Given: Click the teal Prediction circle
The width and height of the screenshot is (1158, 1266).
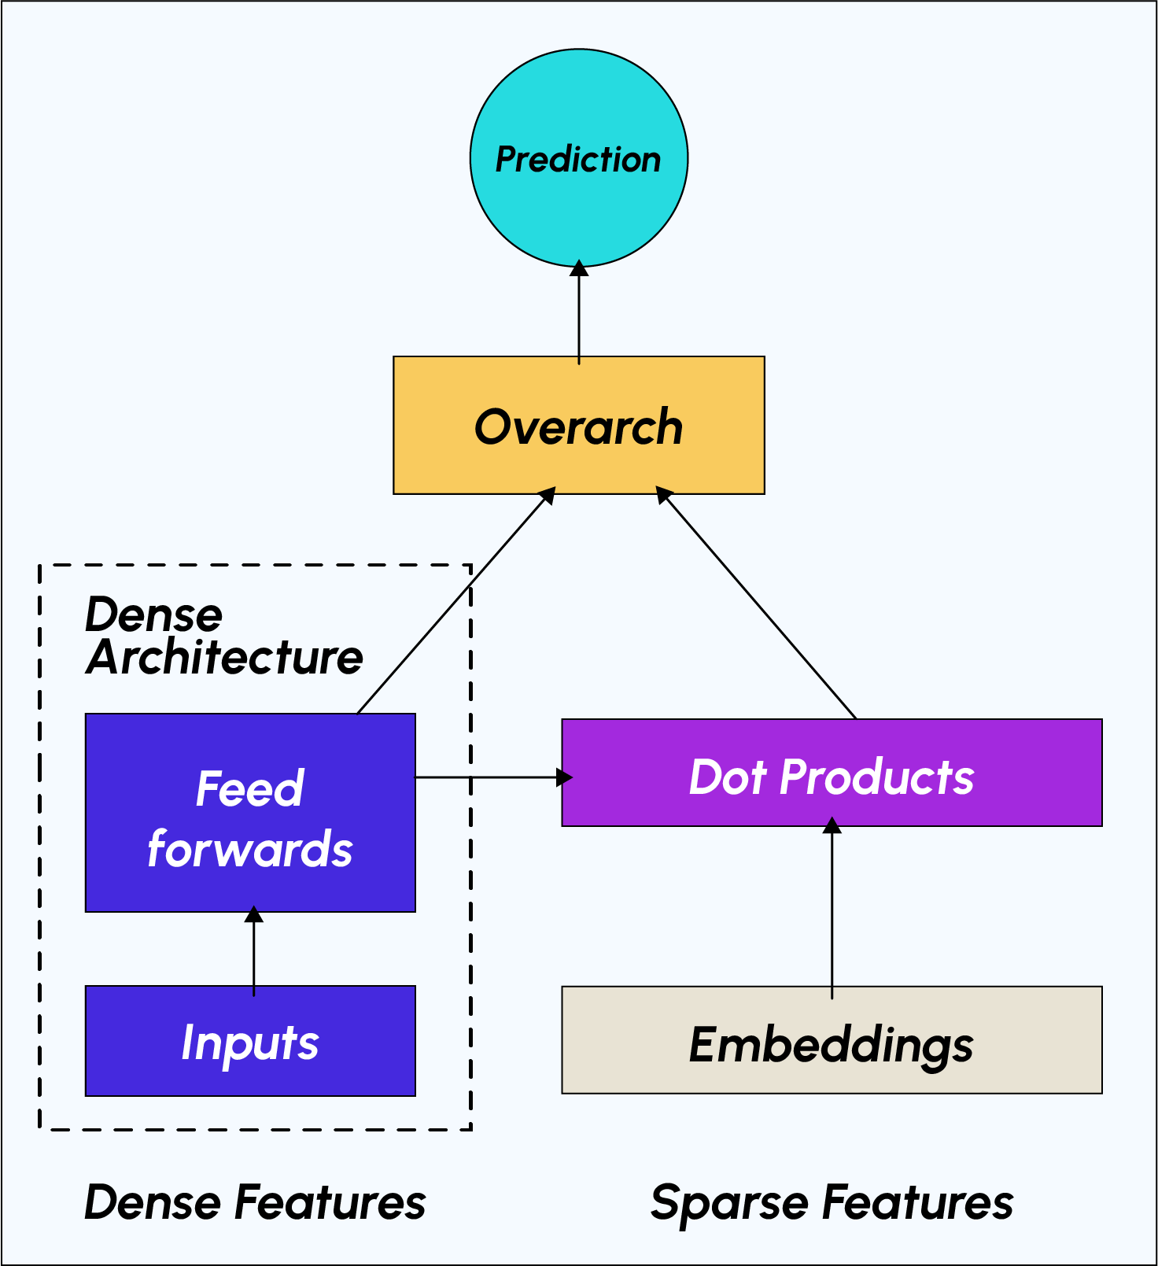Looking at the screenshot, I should pyautogui.click(x=578, y=158).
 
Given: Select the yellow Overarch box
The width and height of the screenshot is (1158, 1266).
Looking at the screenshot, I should pyautogui.click(x=578, y=426).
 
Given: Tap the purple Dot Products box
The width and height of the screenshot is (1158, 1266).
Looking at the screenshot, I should pyautogui.click(x=832, y=773).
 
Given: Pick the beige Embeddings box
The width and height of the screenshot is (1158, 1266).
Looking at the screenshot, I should pyautogui.click(x=832, y=1040).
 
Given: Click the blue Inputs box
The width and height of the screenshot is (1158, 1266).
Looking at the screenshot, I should pyautogui.click(x=250, y=1040).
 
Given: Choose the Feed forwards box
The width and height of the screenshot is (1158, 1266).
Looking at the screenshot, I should pyautogui.click(x=250, y=813).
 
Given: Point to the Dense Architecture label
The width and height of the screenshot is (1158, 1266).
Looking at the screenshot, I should pyautogui.click(x=224, y=636).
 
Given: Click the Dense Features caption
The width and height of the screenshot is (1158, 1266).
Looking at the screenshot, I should pyautogui.click(x=255, y=1202).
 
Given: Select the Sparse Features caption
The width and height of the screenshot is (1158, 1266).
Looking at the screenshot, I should pyautogui.click(x=832, y=1202).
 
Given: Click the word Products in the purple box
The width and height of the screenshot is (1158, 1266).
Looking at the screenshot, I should pyautogui.click(x=876, y=777).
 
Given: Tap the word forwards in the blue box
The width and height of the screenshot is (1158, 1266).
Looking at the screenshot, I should pyautogui.click(x=250, y=850).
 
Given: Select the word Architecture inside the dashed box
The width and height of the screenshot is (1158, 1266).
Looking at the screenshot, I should pyautogui.click(x=225, y=658).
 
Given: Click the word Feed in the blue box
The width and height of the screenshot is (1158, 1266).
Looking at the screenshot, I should pyautogui.click(x=250, y=788).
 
